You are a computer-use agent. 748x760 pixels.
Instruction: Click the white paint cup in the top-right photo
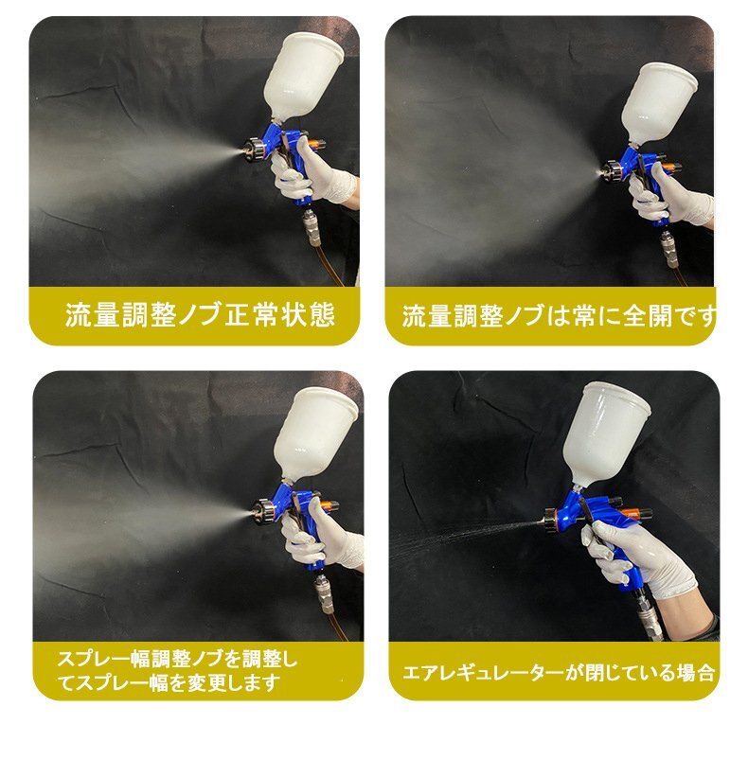[x=656, y=102]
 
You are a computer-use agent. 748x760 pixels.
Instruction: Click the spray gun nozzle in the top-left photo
[x=255, y=150]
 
